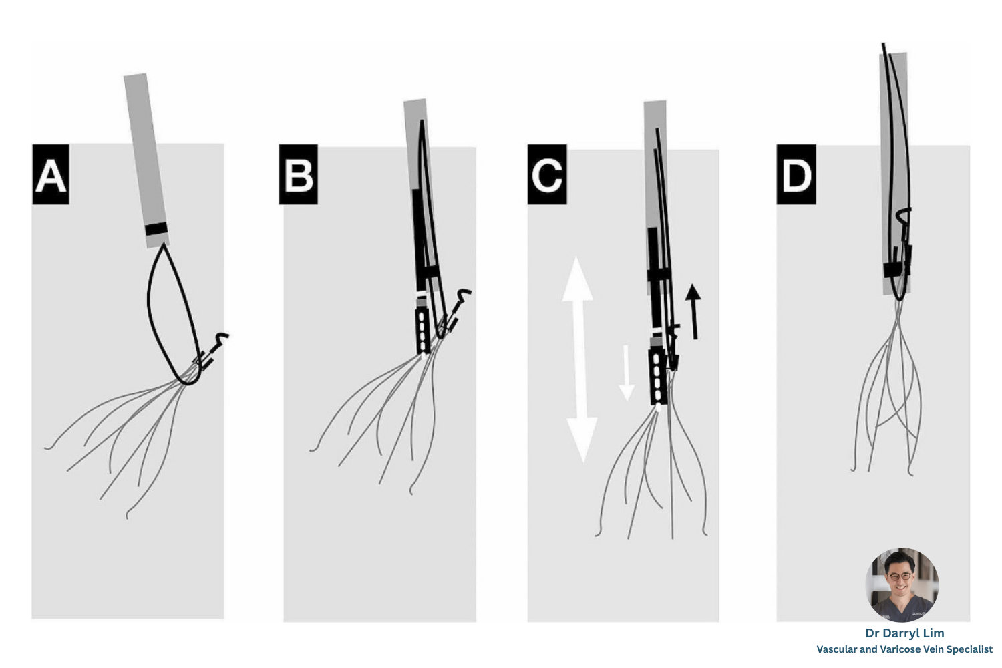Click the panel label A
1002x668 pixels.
click(51, 174)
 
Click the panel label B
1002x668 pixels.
click(299, 174)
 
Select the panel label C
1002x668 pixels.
click(547, 174)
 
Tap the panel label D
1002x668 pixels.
click(796, 174)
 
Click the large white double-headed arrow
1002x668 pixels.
click(580, 360)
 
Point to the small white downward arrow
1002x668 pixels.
click(627, 372)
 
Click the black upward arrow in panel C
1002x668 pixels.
click(693, 311)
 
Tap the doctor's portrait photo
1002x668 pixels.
click(902, 584)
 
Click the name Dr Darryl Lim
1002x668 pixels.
click(904, 633)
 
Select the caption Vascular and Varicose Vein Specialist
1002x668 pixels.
click(904, 649)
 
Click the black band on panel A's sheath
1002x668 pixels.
click(156, 228)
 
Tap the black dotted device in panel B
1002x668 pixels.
click(423, 331)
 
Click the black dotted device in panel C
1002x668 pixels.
click(658, 377)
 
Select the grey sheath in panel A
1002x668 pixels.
click(146, 160)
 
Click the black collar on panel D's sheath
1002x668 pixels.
click(897, 270)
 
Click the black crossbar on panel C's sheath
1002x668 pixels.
click(659, 275)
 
